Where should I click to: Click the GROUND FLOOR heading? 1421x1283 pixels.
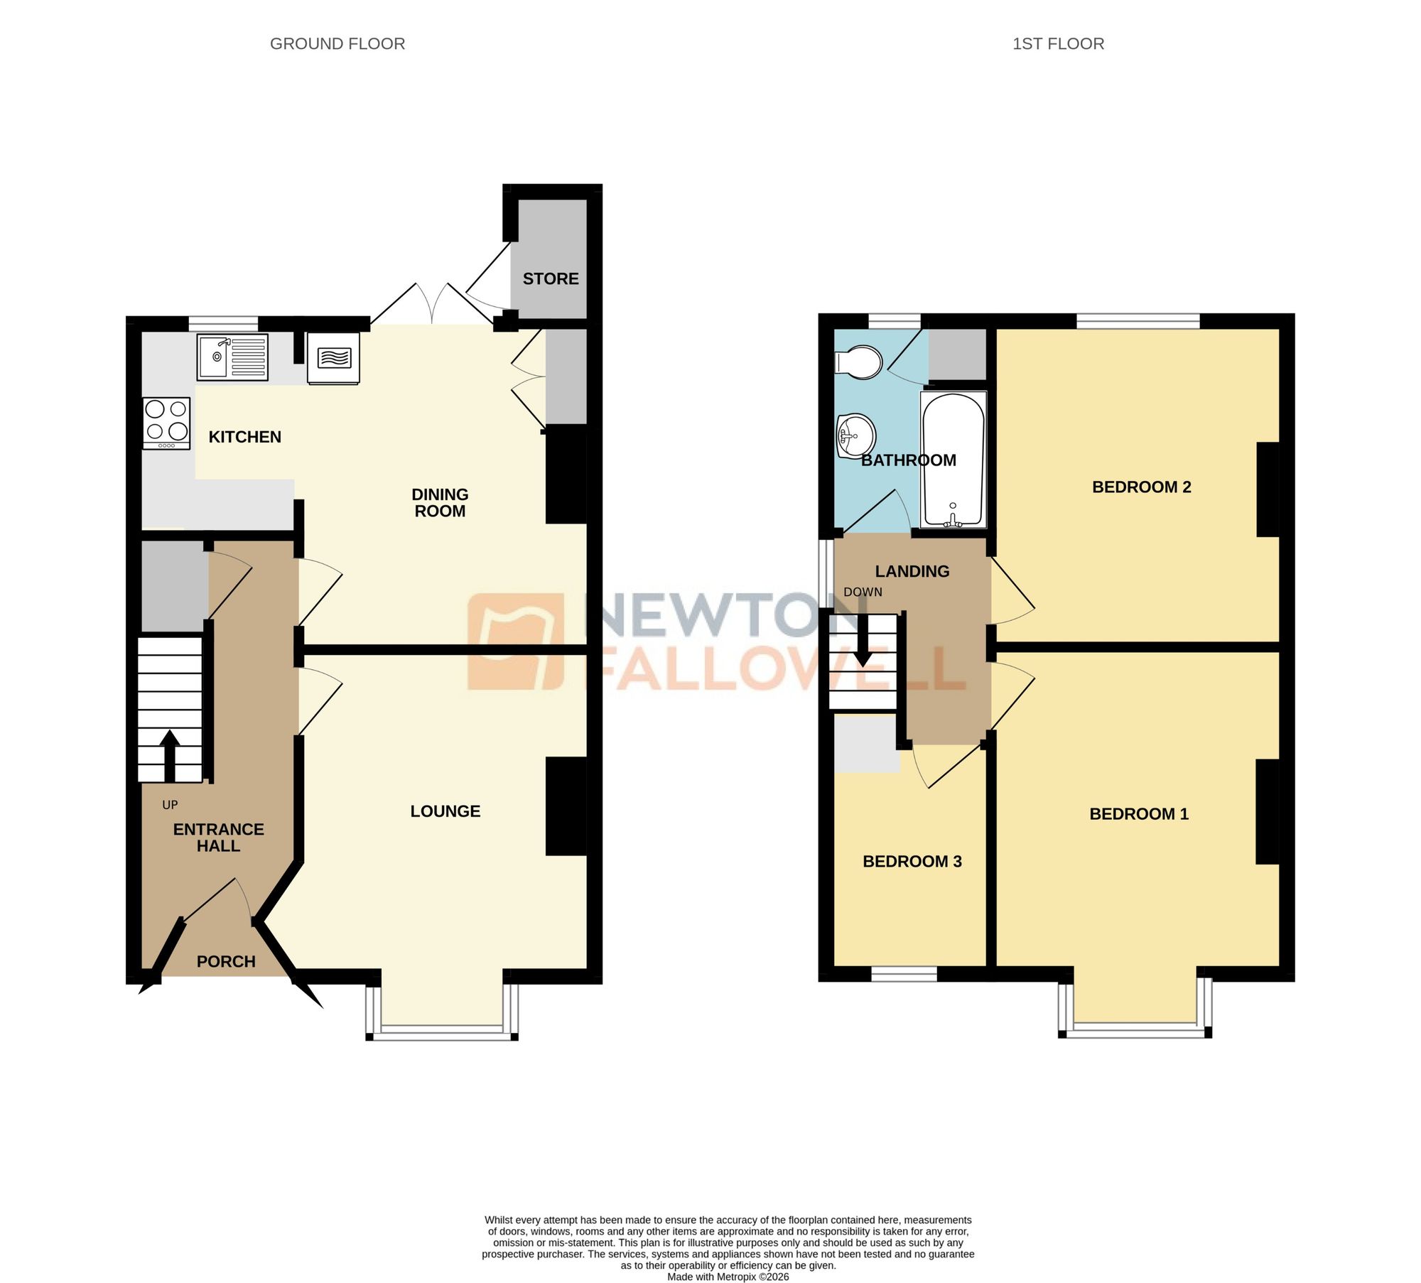pyautogui.click(x=337, y=44)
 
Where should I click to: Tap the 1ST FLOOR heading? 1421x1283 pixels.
pyautogui.click(x=1058, y=44)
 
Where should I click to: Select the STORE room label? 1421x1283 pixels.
pyautogui.click(x=551, y=279)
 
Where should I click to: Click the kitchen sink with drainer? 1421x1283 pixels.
pyautogui.click(x=232, y=357)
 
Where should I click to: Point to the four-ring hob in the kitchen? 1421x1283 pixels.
pyautogui.click(x=167, y=423)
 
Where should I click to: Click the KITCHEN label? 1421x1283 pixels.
pyautogui.click(x=244, y=437)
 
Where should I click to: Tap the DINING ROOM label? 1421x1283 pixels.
pyautogui.click(x=440, y=503)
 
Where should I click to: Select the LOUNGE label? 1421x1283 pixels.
pyautogui.click(x=445, y=811)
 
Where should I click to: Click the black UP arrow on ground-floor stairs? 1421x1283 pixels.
pyautogui.click(x=170, y=755)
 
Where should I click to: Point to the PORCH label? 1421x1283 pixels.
pyautogui.click(x=226, y=962)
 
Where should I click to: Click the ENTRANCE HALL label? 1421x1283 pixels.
pyautogui.click(x=219, y=838)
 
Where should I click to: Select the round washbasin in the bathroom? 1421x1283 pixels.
pyautogui.click(x=856, y=435)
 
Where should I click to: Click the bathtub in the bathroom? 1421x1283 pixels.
pyautogui.click(x=953, y=460)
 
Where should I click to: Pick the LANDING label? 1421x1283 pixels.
pyautogui.click(x=912, y=571)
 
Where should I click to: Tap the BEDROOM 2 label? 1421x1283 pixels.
pyautogui.click(x=1141, y=487)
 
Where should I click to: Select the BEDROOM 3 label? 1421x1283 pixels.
pyautogui.click(x=912, y=862)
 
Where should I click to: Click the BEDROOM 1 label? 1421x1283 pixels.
pyautogui.click(x=1139, y=814)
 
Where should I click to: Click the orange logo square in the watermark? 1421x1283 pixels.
pyautogui.click(x=516, y=641)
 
